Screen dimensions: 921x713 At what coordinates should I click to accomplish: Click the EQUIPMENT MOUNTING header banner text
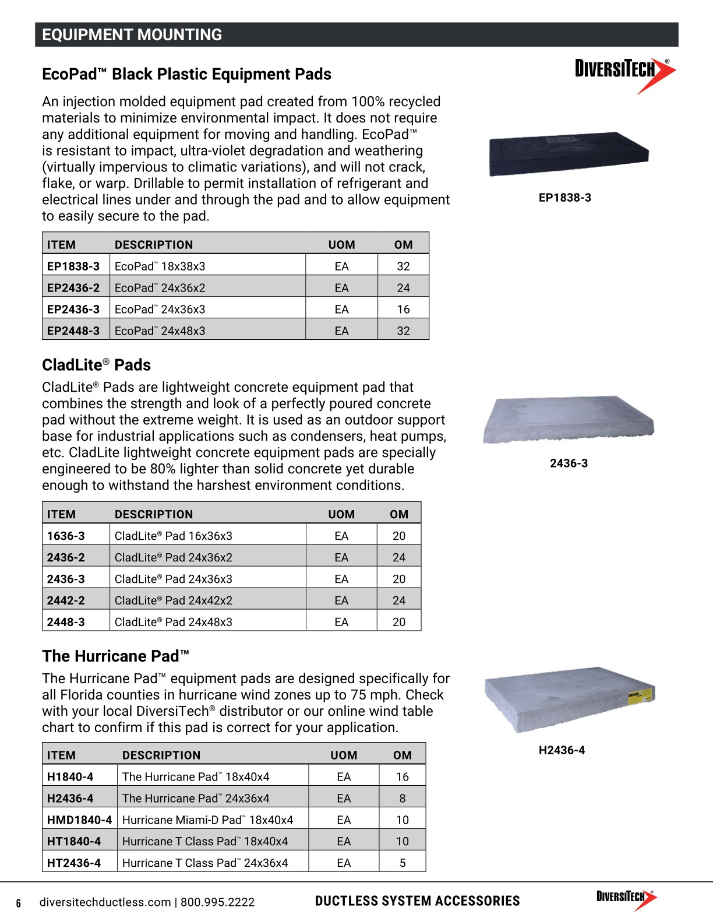click(x=132, y=35)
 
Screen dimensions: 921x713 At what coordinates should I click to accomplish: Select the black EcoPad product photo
click(x=569, y=153)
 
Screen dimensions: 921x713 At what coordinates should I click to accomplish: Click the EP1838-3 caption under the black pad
click(x=564, y=198)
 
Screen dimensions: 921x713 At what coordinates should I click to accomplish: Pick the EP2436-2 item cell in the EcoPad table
click(x=73, y=288)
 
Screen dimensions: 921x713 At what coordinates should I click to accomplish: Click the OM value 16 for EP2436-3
click(x=403, y=310)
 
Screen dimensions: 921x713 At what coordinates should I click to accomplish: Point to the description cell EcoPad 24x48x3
click(x=160, y=331)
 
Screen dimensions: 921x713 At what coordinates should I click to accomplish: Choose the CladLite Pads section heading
click(x=97, y=365)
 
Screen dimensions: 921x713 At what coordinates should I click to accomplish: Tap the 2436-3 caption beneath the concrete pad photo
click(x=569, y=463)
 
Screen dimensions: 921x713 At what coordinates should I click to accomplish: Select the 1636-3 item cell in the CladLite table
click(x=66, y=536)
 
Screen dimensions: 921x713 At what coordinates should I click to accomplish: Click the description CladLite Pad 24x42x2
click(x=174, y=601)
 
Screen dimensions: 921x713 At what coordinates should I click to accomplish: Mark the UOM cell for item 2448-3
click(x=341, y=623)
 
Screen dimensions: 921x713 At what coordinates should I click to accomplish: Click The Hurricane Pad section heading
click(x=115, y=656)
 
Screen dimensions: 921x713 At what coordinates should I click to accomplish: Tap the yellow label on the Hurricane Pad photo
click(x=638, y=697)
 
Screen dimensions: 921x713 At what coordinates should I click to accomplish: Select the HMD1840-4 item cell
click(x=79, y=820)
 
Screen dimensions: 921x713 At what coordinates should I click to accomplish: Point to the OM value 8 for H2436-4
click(x=402, y=799)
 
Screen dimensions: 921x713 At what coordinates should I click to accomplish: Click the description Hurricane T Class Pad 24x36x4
click(x=205, y=863)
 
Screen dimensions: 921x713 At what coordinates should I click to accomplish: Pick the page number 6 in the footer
click(x=19, y=904)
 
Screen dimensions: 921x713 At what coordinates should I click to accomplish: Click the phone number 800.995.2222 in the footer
click(x=217, y=902)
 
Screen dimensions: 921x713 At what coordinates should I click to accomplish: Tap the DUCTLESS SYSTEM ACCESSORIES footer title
click(x=417, y=901)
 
